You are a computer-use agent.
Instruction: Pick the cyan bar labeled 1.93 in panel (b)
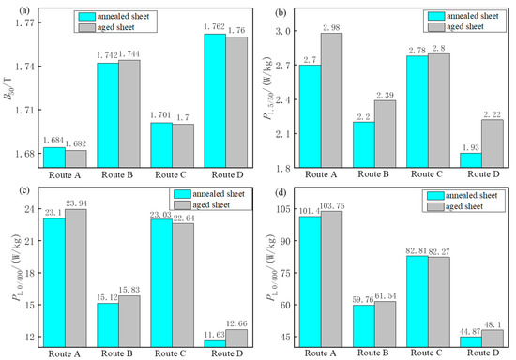[470, 160]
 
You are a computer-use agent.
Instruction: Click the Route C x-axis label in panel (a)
[170, 173]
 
